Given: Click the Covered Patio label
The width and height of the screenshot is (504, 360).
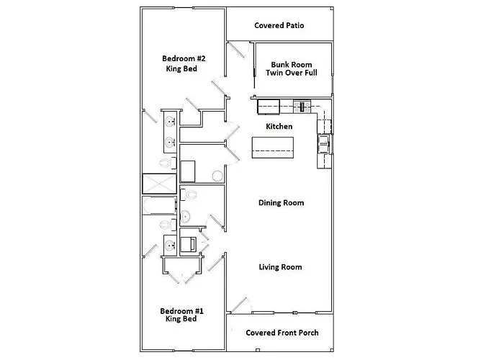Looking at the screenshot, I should click(279, 25).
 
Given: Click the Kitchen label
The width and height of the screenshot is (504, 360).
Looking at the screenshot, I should click(279, 126).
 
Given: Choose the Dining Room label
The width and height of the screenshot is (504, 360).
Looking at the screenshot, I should click(281, 203).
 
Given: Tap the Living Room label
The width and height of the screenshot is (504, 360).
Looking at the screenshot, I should click(280, 267).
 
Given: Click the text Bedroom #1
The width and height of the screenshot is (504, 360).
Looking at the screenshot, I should click(181, 310).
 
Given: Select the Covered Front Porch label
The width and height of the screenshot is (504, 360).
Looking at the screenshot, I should click(282, 333).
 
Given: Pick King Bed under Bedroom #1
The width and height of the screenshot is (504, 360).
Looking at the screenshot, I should click(181, 319).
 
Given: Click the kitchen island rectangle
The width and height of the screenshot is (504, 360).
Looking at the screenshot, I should click(272, 148).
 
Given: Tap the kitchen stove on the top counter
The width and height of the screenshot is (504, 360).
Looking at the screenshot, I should click(303, 107).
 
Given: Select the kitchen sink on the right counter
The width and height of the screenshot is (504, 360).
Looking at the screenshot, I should click(324, 143).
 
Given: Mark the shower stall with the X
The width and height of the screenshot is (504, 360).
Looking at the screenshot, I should click(158, 184).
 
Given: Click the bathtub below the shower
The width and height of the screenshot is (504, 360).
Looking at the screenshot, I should click(158, 207).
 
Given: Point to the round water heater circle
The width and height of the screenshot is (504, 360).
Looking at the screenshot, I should click(217, 176).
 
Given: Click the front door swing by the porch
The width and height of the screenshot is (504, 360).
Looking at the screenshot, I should click(238, 303).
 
